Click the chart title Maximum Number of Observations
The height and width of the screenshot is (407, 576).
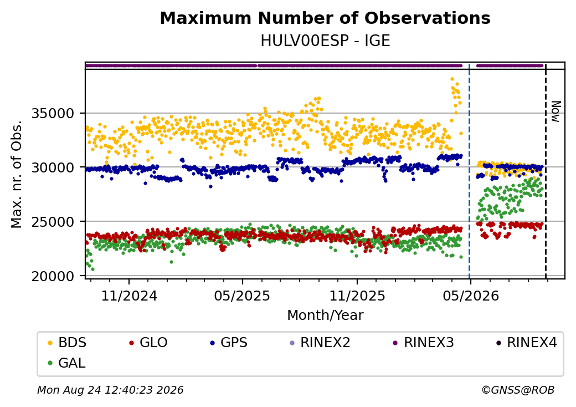click(x=325, y=18)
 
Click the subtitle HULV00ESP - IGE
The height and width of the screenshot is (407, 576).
click(x=325, y=41)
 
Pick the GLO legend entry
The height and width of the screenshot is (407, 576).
click(x=148, y=342)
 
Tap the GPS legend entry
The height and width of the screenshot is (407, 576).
click(x=229, y=342)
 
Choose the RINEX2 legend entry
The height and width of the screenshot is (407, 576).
click(x=320, y=342)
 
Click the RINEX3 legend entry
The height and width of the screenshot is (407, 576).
click(x=424, y=342)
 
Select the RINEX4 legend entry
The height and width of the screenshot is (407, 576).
click(x=527, y=342)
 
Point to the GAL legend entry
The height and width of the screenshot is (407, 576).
click(x=67, y=363)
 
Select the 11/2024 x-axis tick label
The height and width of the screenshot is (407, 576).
click(x=129, y=296)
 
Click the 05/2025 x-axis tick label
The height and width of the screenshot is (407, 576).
click(x=242, y=296)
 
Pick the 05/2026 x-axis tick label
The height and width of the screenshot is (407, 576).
click(x=471, y=296)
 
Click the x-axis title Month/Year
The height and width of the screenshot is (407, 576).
click(x=325, y=316)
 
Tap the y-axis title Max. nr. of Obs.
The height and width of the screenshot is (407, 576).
click(x=17, y=174)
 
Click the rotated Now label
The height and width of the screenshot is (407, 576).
click(x=556, y=112)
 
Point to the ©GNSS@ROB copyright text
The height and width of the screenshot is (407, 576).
click(x=518, y=390)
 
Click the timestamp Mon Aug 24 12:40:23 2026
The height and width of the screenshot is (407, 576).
click(x=110, y=390)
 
